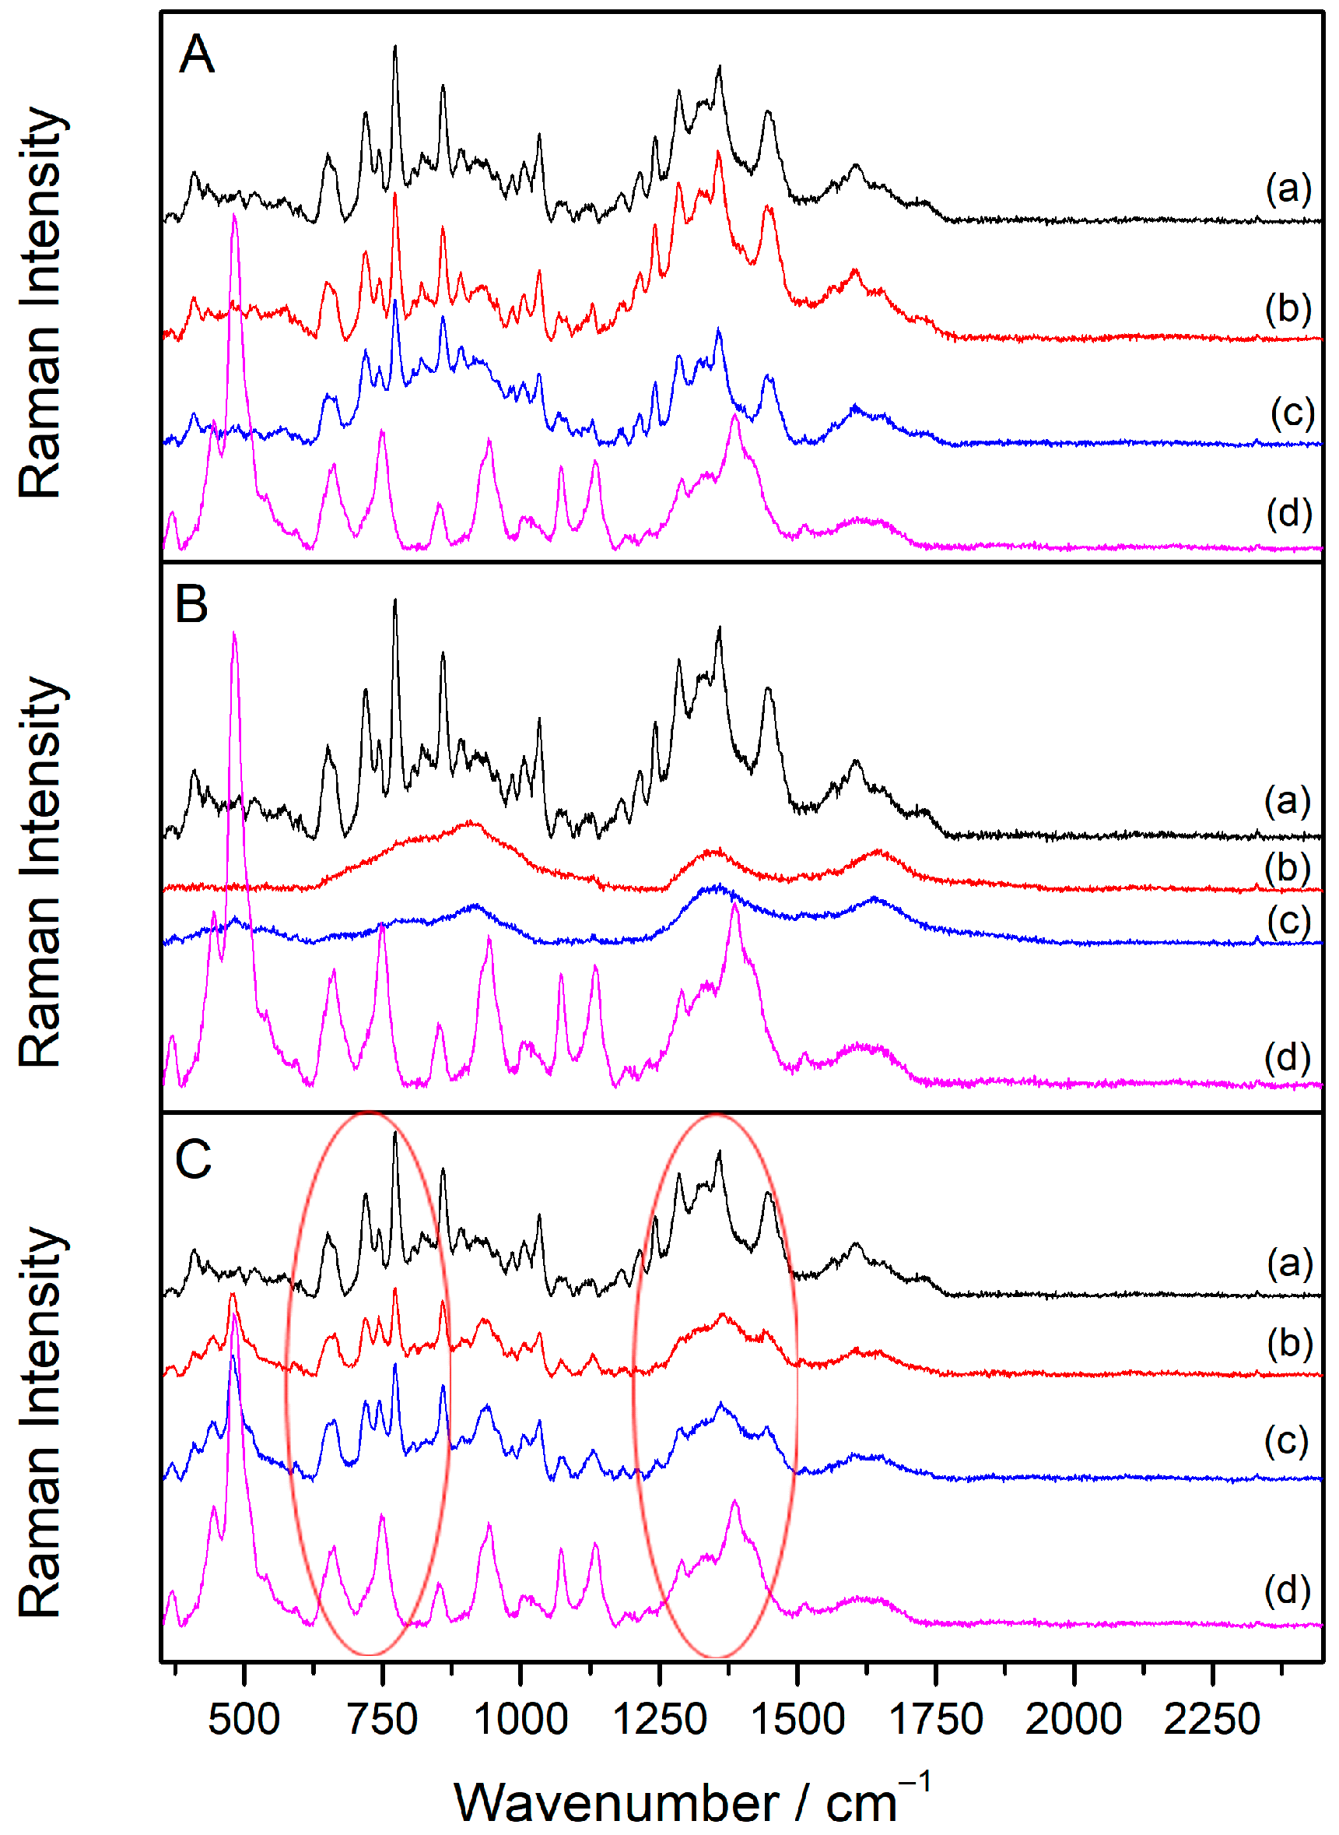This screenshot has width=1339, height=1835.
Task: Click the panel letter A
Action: pyautogui.click(x=196, y=55)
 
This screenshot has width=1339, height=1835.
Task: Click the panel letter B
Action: pyautogui.click(x=191, y=605)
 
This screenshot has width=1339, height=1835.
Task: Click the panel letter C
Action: pyautogui.click(x=193, y=1158)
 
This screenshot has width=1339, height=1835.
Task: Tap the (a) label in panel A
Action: pyautogui.click(x=1288, y=188)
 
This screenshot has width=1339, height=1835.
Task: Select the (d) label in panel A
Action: pyautogui.click(x=1288, y=512)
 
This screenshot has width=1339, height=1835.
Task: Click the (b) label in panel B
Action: pyautogui.click(x=1288, y=867)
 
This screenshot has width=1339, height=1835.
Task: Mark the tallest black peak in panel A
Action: pyautogui.click(x=394, y=47)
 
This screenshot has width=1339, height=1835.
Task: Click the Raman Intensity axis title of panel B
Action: pyautogui.click(x=40, y=872)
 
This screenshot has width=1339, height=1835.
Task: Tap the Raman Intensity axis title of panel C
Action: pyautogui.click(x=40, y=1423)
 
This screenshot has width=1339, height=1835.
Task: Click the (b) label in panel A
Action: pyautogui.click(x=1288, y=308)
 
